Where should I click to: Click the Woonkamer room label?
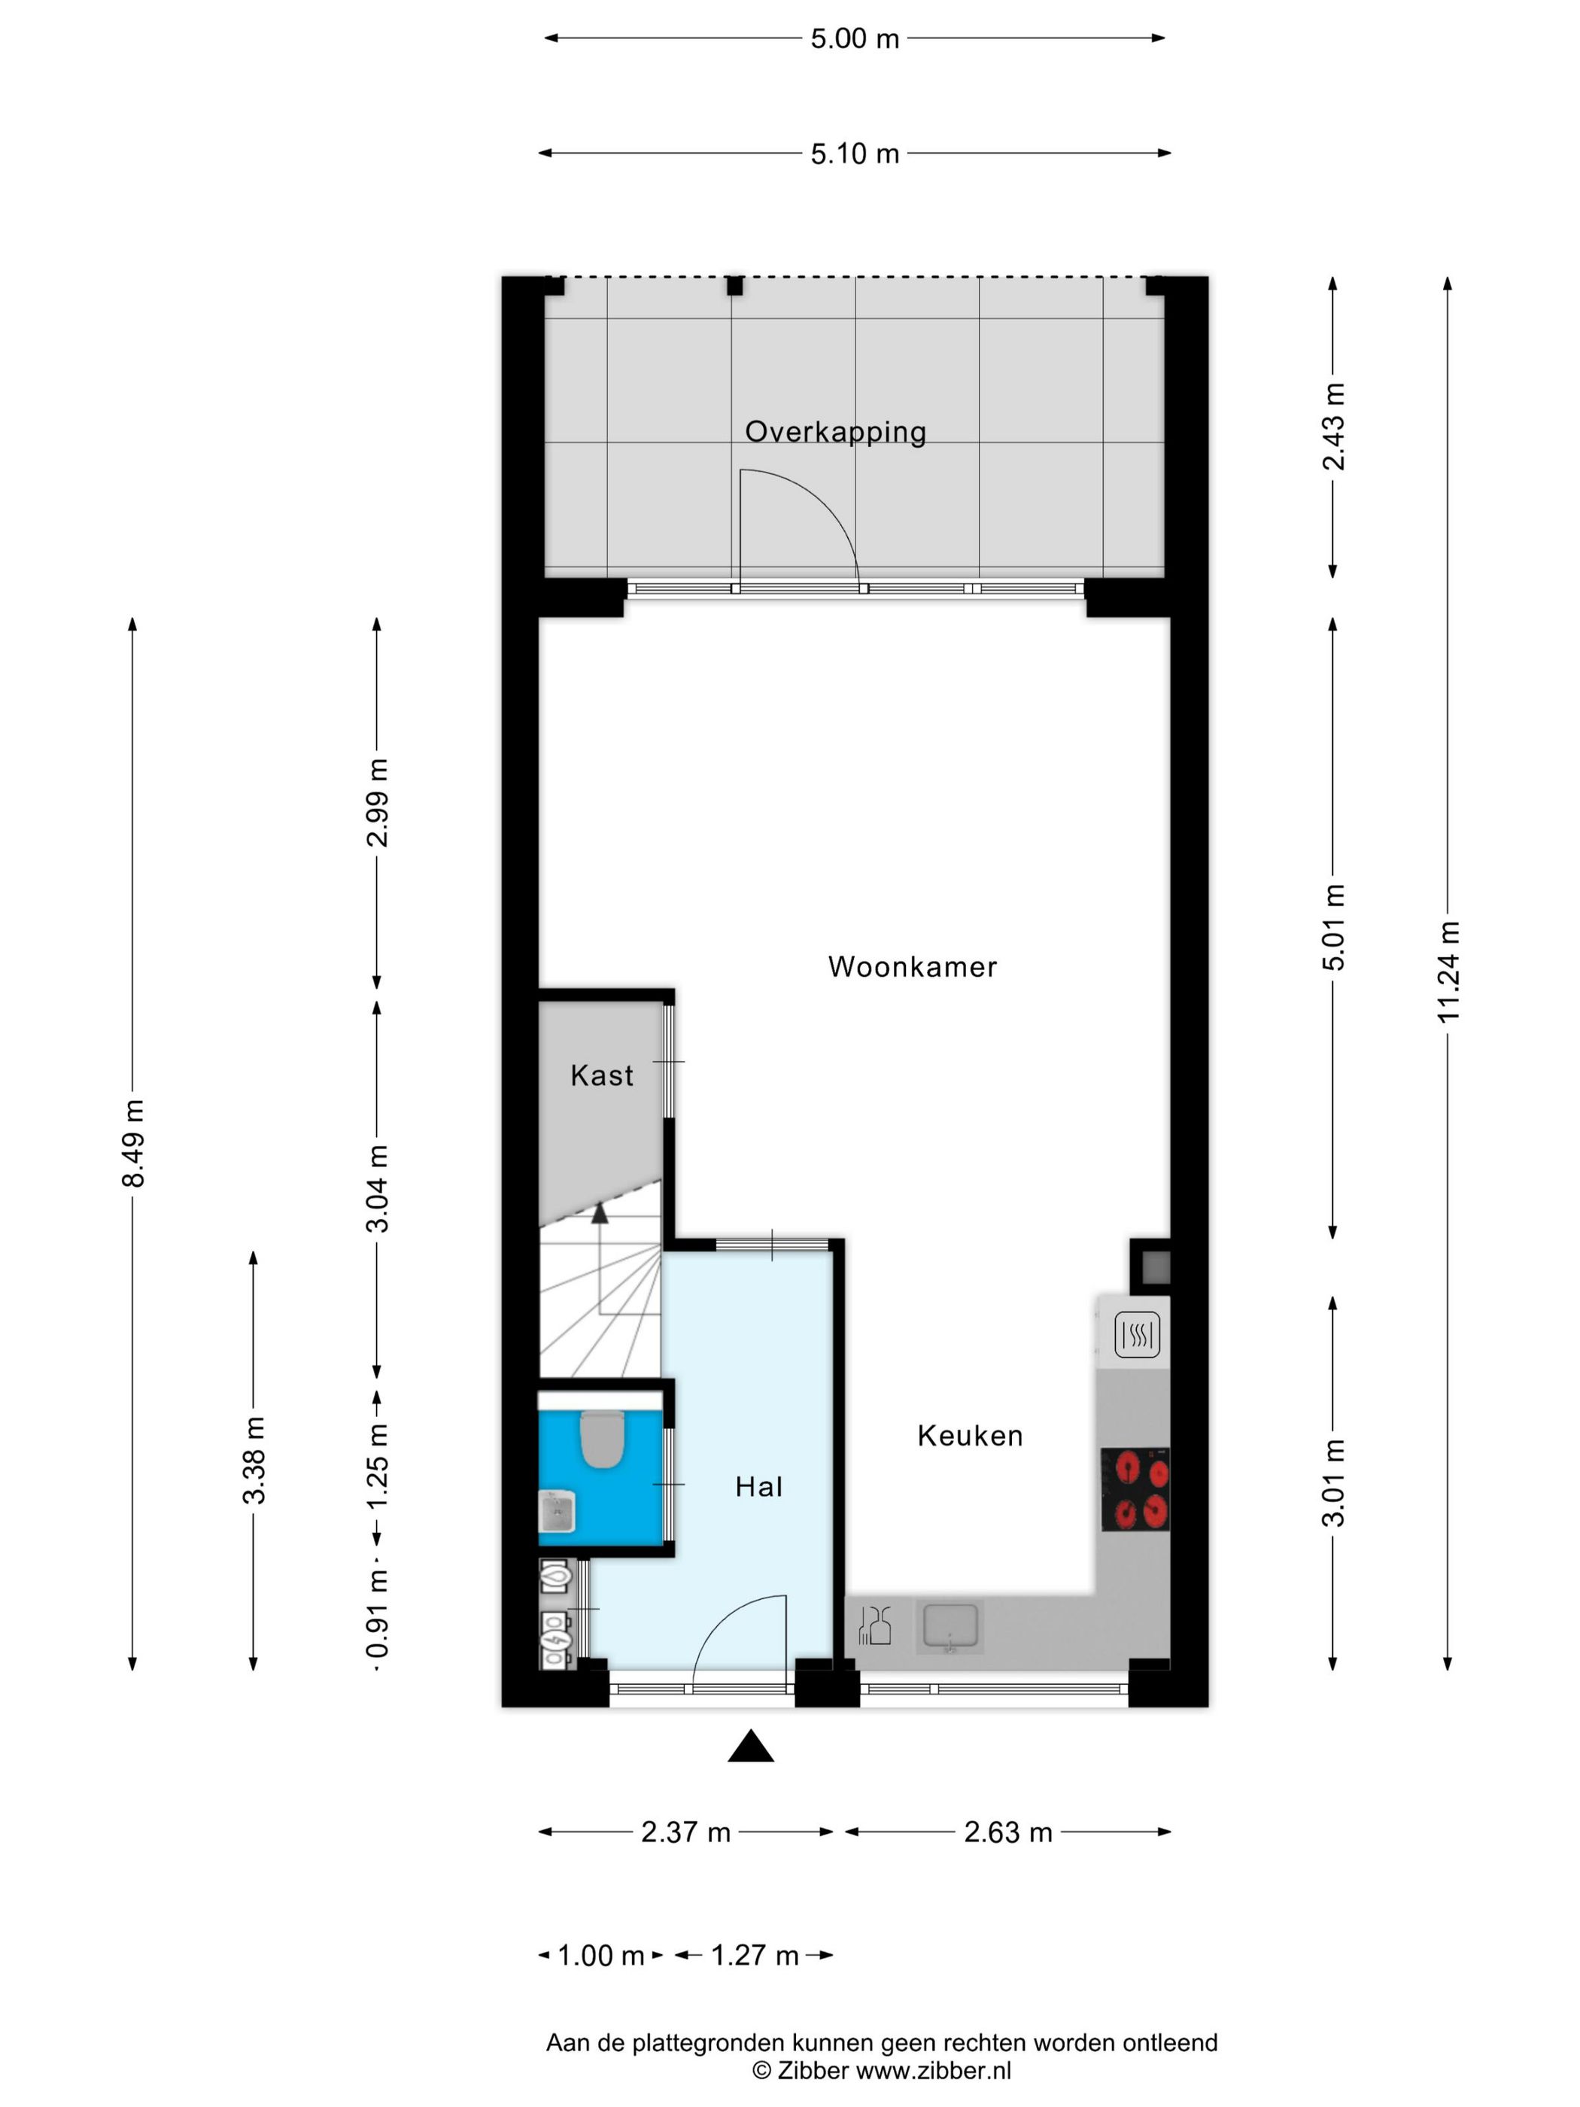[x=911, y=967]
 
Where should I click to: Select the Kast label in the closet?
[x=601, y=1075]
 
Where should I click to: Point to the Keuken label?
[x=970, y=1436]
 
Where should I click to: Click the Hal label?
[x=758, y=1487]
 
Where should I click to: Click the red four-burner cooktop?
[x=1135, y=1490]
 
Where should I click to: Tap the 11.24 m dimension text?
[x=1448, y=972]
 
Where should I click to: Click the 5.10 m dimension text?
[x=854, y=154]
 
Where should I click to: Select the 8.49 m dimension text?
[x=133, y=1143]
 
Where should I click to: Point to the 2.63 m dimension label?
[x=1007, y=1832]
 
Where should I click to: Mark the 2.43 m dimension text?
[x=1333, y=427]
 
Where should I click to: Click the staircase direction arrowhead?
[x=599, y=1212]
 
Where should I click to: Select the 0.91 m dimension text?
[x=378, y=1616]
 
